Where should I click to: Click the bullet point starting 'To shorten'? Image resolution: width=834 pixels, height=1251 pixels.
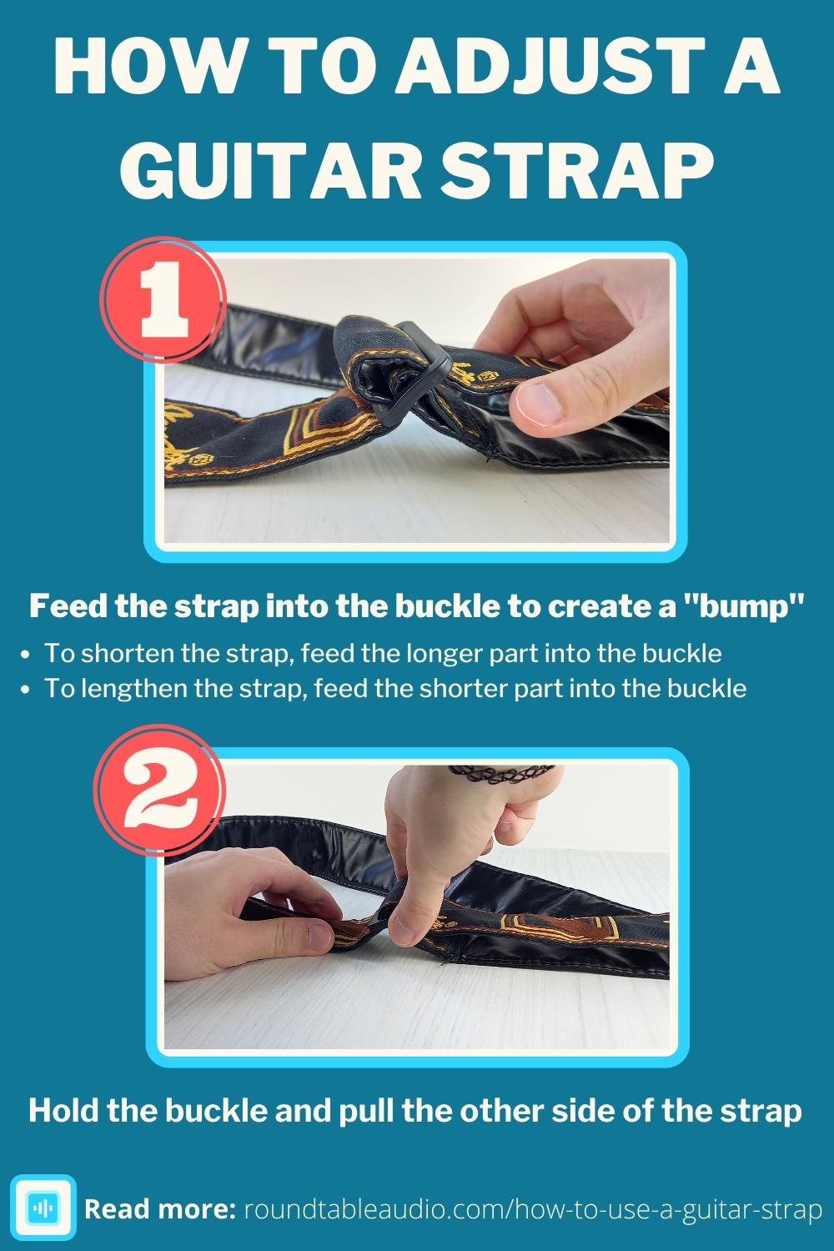click(382, 652)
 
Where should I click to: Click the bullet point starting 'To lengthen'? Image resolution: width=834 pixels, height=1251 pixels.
click(394, 688)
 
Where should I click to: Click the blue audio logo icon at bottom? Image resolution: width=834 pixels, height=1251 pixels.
click(43, 1208)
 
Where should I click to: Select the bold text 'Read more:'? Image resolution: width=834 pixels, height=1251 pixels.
click(160, 1208)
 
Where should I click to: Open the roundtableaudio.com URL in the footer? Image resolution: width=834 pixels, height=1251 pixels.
click(532, 1208)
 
